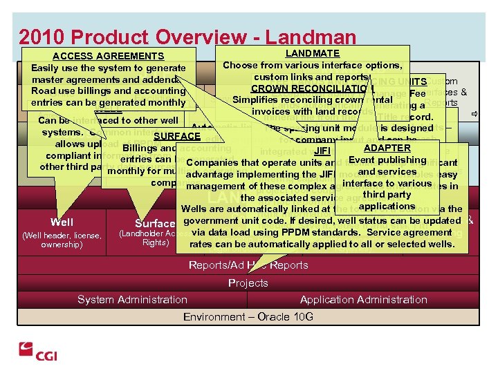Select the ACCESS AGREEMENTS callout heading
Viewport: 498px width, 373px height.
[108, 56]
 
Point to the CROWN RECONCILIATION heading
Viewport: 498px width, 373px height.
[313, 88]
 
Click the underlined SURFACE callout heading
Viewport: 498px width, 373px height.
[177, 136]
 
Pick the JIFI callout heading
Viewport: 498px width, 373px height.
[323, 151]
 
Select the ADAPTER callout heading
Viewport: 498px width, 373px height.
[387, 148]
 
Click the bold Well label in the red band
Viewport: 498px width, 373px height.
[62, 222]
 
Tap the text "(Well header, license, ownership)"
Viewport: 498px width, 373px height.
[62, 239]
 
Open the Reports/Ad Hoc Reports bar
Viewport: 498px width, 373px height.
[248, 266]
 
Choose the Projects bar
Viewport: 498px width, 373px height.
[248, 283]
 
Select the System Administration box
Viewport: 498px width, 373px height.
[132, 299]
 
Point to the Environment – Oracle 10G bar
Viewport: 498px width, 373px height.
[248, 316]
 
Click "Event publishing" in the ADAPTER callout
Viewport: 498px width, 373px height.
[388, 160]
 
